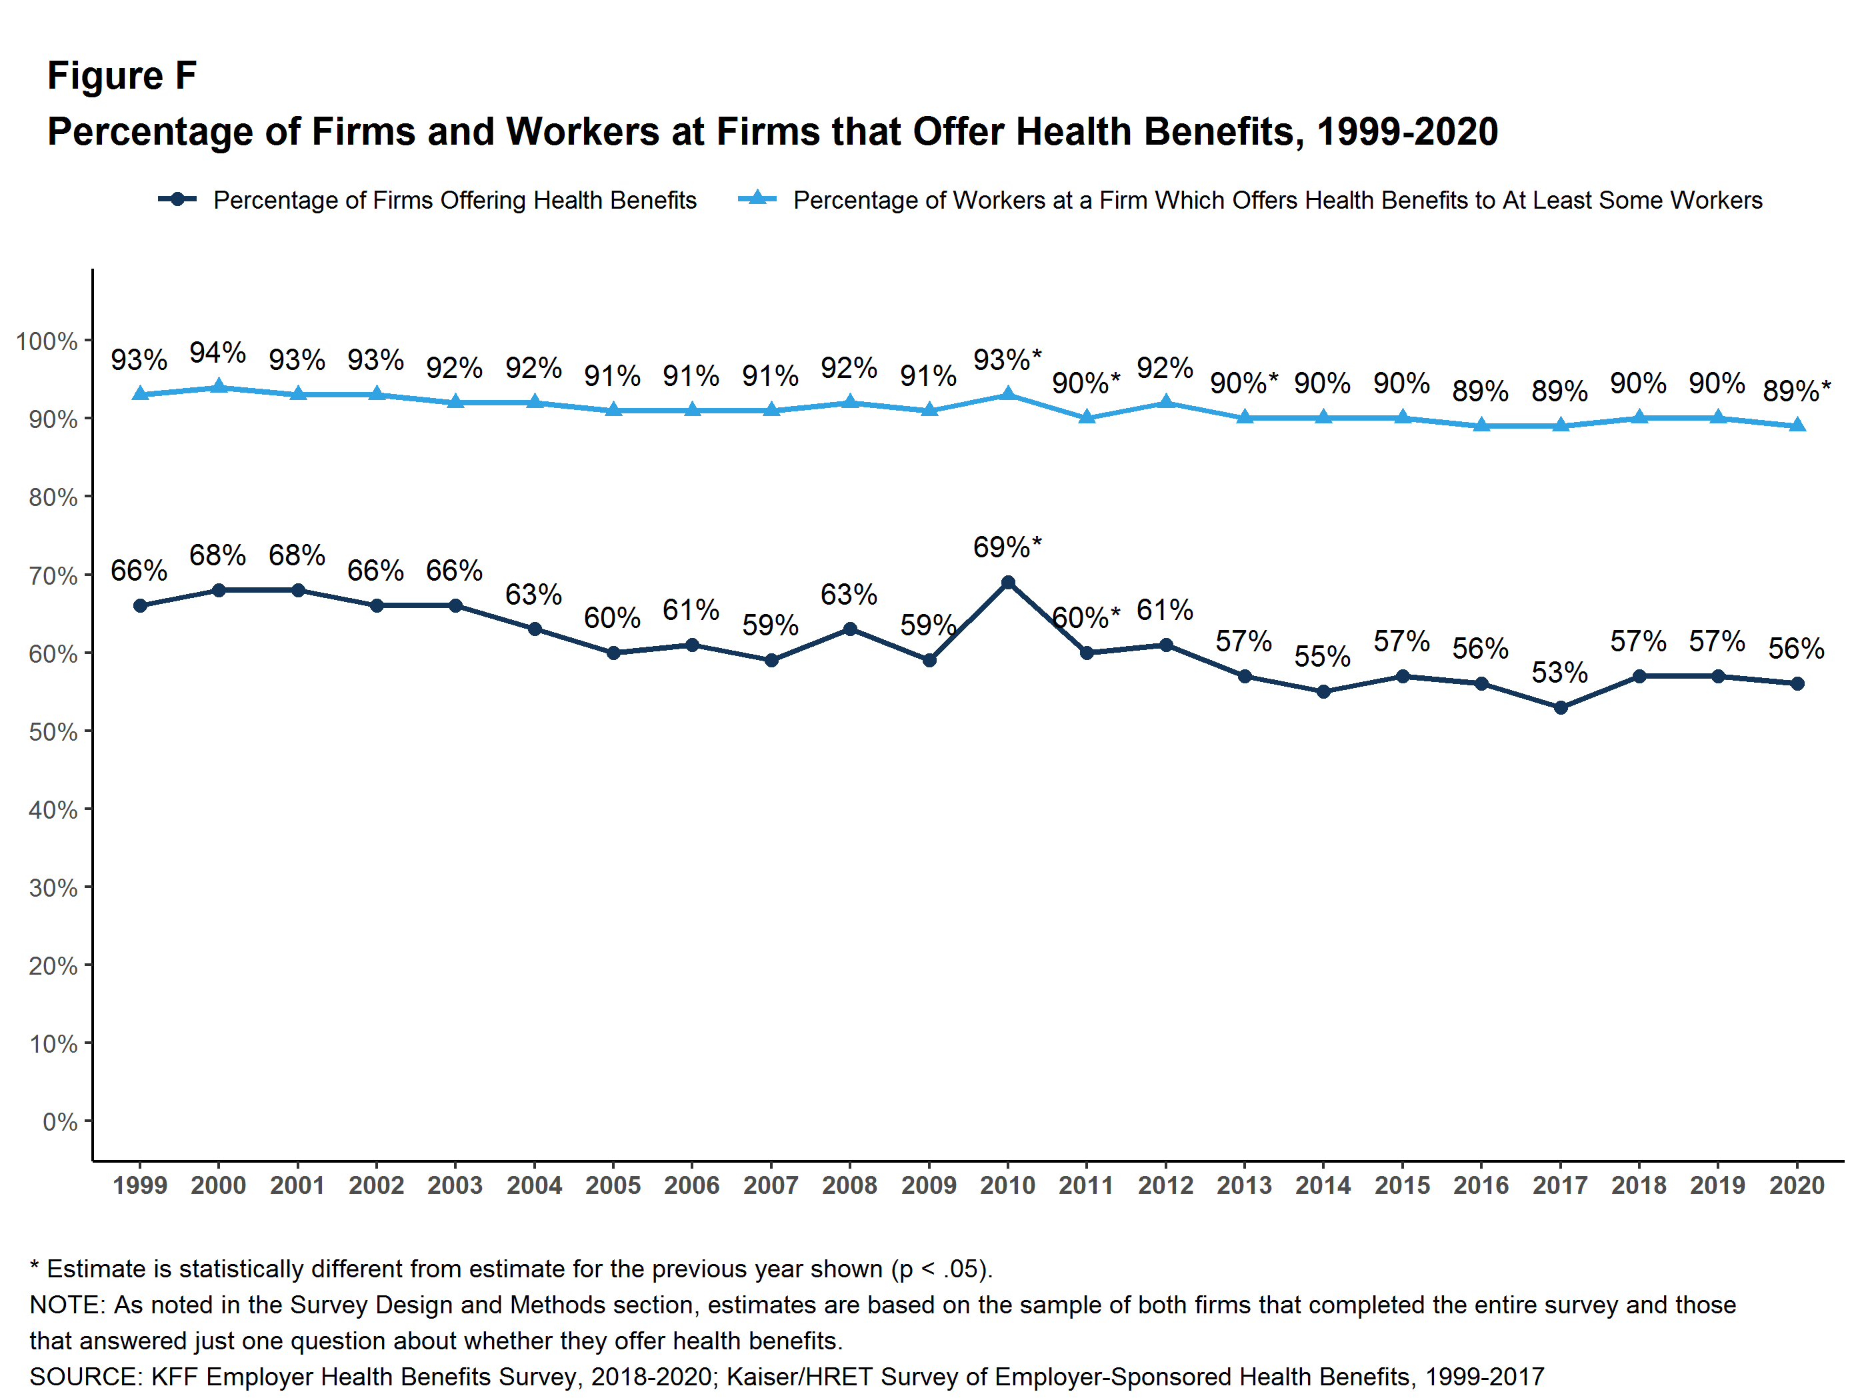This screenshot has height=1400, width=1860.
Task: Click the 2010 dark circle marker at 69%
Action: click(1007, 583)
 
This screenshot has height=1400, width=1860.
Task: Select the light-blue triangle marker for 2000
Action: click(219, 387)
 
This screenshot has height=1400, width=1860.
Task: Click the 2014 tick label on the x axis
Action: click(1323, 1185)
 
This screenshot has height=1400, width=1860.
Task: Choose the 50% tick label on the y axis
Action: click(52, 731)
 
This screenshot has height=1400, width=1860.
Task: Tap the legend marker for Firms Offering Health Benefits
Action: click(177, 199)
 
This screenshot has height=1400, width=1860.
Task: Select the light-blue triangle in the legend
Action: click(757, 199)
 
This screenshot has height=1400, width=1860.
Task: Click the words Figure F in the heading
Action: click(122, 76)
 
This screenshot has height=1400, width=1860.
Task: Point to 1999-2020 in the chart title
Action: click(1407, 132)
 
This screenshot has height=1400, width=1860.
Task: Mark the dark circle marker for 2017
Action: click(1561, 708)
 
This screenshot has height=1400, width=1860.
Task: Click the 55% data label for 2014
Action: click(1322, 657)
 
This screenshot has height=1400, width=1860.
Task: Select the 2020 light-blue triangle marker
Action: click(1797, 425)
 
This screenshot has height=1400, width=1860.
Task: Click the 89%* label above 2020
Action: click(1796, 391)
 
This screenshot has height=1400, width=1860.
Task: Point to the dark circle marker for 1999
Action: click(141, 605)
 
